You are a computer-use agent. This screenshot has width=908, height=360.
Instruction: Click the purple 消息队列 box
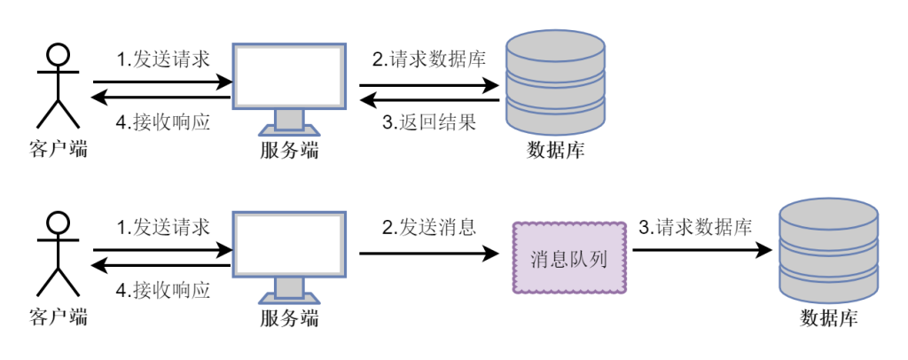point(570,258)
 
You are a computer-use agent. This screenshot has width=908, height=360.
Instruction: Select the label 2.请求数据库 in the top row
point(428,60)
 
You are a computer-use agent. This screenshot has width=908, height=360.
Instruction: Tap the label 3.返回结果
point(428,122)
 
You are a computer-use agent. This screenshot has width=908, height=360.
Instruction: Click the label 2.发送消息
point(429,227)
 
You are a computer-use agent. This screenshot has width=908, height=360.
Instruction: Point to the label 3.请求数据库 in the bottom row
point(695,227)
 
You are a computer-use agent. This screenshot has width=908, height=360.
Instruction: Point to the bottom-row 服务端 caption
point(289,317)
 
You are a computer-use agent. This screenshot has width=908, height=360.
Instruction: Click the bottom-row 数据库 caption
point(828,317)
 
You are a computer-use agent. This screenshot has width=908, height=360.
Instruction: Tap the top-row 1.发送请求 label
point(164,60)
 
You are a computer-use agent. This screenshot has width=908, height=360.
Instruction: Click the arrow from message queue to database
point(701,252)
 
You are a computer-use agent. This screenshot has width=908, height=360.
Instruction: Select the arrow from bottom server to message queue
point(429,254)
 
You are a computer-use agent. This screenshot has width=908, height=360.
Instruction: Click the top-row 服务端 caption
point(289,149)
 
